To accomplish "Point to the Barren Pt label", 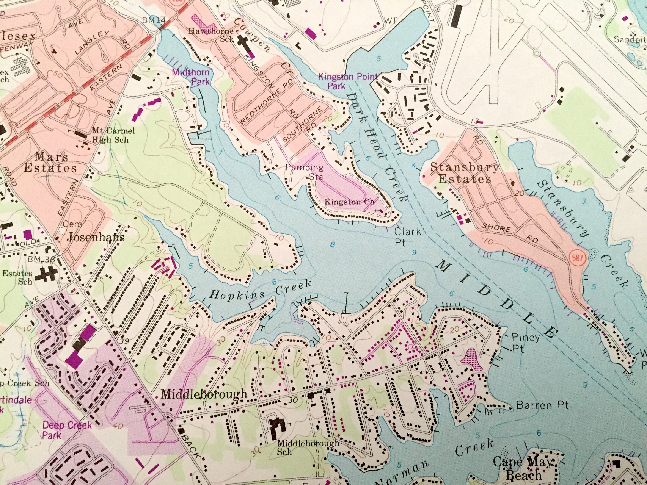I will tap(542, 405).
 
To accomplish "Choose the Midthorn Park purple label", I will tap(191, 77).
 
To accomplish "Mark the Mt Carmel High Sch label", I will tap(113, 135).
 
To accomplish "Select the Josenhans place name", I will tap(96, 237).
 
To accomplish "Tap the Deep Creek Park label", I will tap(67, 430).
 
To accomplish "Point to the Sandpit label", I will tap(629, 39).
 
